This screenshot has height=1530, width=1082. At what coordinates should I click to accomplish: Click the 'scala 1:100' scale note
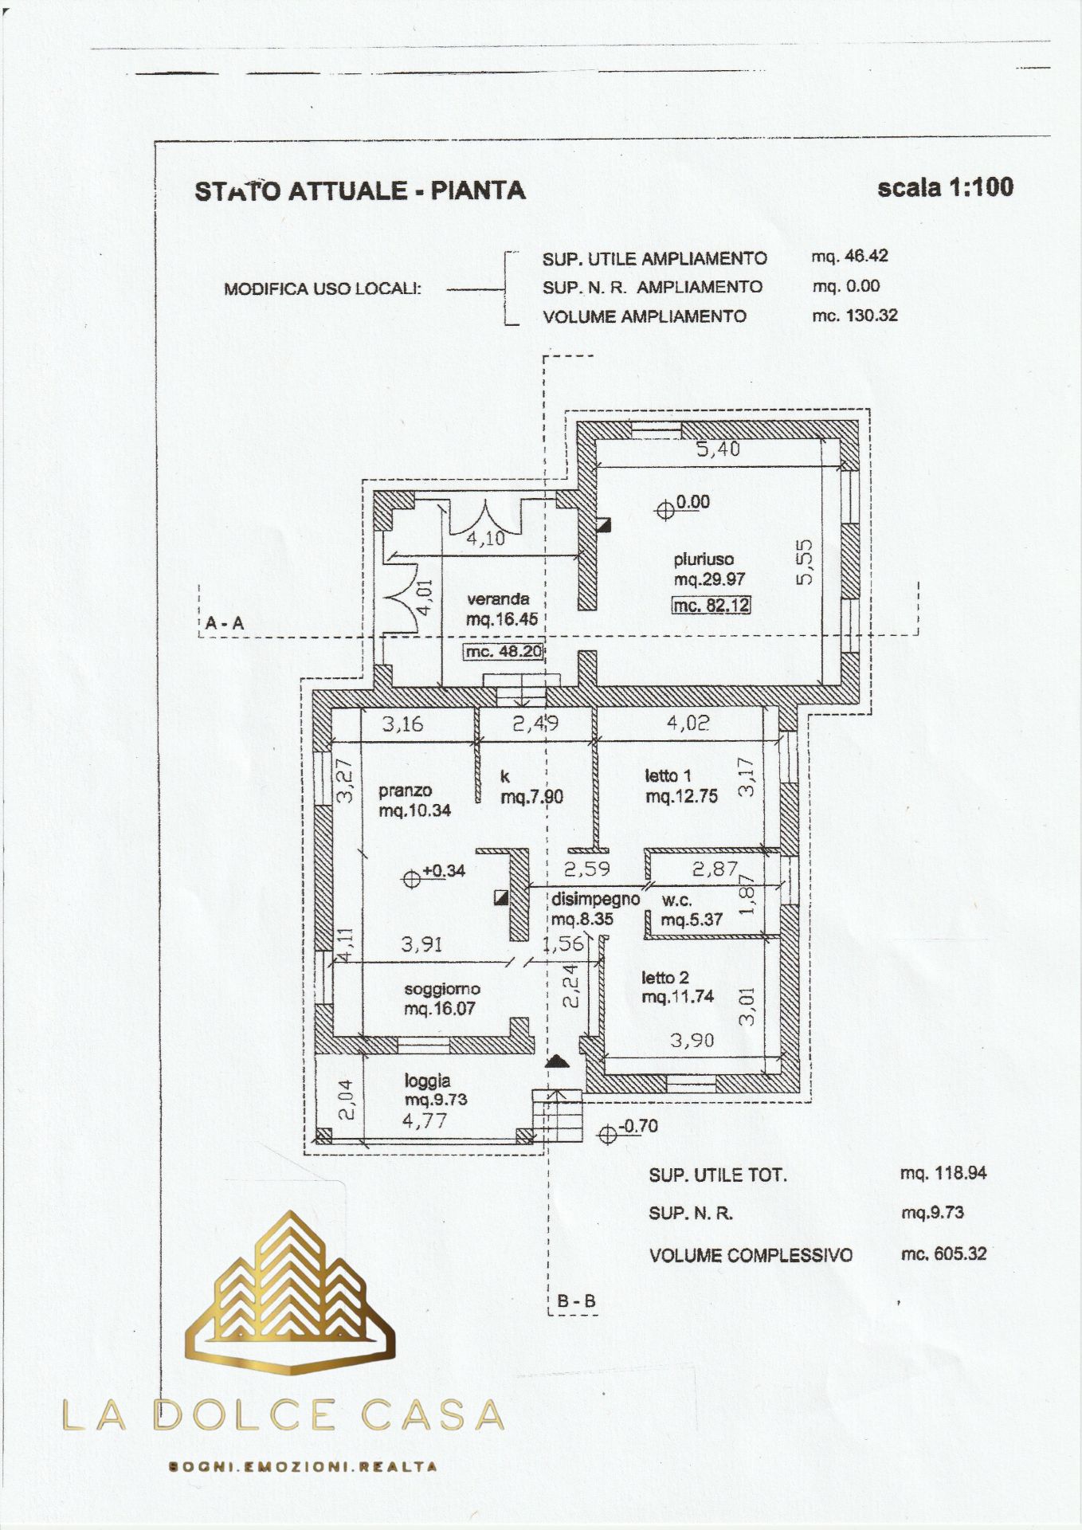[945, 187]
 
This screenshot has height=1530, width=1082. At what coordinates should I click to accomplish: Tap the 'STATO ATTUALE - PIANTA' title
[360, 191]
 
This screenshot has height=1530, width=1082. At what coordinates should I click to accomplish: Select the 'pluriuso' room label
[704, 559]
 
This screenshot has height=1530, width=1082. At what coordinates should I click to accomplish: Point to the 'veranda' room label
[498, 599]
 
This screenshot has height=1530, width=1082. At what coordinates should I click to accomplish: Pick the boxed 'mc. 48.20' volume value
[504, 652]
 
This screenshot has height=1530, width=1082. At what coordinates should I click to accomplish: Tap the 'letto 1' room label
[668, 775]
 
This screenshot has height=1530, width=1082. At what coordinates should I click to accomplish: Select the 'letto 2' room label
[665, 978]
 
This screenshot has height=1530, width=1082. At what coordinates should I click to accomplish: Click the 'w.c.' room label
[677, 901]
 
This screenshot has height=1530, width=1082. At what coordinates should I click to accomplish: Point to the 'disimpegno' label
[595, 900]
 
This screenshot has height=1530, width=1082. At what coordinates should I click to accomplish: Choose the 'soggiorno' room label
[442, 990]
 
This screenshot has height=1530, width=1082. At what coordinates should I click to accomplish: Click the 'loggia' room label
[428, 1081]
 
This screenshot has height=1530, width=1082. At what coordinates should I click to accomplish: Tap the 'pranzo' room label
[405, 791]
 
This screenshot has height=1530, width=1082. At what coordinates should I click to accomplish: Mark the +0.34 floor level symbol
[411, 878]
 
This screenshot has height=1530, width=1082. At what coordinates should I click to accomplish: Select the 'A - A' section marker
[225, 623]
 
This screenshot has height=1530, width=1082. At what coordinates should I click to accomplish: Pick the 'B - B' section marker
[576, 1301]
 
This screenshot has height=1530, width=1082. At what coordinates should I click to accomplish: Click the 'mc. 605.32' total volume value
[943, 1254]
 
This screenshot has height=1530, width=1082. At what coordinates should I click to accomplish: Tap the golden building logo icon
[290, 1293]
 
